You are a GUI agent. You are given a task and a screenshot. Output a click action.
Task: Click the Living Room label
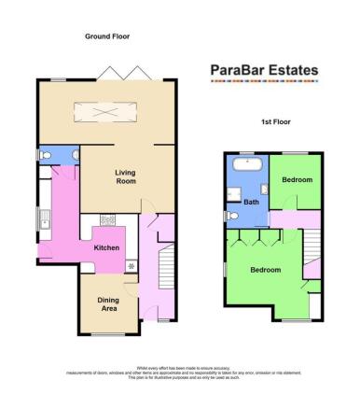point(125,176)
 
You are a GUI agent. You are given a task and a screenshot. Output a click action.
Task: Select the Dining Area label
point(109,303)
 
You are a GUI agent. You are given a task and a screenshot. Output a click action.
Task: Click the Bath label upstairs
point(251,202)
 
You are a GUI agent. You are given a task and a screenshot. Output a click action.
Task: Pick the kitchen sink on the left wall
point(45,220)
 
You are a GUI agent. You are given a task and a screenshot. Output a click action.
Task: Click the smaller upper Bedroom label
point(298,178)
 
